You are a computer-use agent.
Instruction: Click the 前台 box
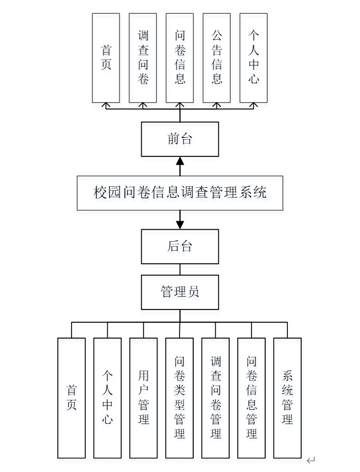pyautogui.click(x=180, y=139)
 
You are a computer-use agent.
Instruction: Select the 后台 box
pyautogui.click(x=180, y=246)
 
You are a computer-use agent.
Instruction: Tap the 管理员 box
pyautogui.click(x=180, y=292)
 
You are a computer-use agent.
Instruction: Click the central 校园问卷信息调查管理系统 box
pyautogui.click(x=180, y=193)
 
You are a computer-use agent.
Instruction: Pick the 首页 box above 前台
pyautogui.click(x=106, y=58)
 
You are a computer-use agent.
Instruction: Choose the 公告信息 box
pyautogui.click(x=217, y=58)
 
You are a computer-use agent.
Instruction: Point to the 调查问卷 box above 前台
pyautogui.click(x=143, y=58)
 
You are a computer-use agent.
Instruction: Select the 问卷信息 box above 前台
pyautogui.click(x=180, y=58)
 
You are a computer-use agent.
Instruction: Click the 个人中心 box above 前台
pyautogui.click(x=254, y=58)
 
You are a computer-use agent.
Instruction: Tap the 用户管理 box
pyautogui.click(x=144, y=398)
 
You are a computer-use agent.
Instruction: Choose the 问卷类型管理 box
pyautogui.click(x=179, y=398)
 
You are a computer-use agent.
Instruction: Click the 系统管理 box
pyautogui.click(x=287, y=398)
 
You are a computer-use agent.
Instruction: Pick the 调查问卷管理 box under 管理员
pyautogui.click(x=216, y=398)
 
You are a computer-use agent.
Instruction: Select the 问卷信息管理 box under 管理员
pyautogui.click(x=252, y=398)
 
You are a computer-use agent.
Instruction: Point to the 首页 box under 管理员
pyautogui.click(x=72, y=398)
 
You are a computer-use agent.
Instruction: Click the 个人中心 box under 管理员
pyautogui.click(x=107, y=398)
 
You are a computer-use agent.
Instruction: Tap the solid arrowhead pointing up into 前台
pyautogui.click(x=180, y=161)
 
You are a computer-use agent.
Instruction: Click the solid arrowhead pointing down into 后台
pyautogui.click(x=180, y=225)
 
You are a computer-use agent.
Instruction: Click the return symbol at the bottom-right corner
pyautogui.click(x=310, y=460)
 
